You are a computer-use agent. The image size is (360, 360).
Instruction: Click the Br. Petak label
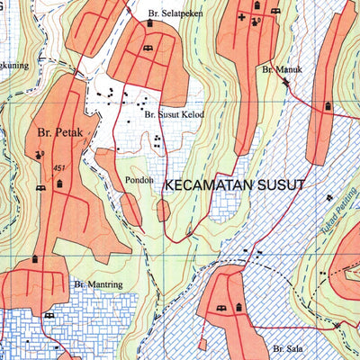pos(60,132)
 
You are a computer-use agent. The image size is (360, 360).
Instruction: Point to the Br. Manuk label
pos(280,68)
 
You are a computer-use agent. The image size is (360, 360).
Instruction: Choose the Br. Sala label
pos(284,346)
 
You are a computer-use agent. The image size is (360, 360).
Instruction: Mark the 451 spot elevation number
pos(60,168)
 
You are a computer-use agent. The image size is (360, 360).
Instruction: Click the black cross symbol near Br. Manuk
pos(242,17)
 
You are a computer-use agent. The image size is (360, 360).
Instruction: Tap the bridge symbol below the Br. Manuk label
pos(285,82)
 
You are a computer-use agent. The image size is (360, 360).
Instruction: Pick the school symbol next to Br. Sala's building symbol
pos(220,310)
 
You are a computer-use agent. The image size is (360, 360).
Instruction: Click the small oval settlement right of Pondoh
pos(163,211)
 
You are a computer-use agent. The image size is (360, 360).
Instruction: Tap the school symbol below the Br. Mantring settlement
pos(49,316)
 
